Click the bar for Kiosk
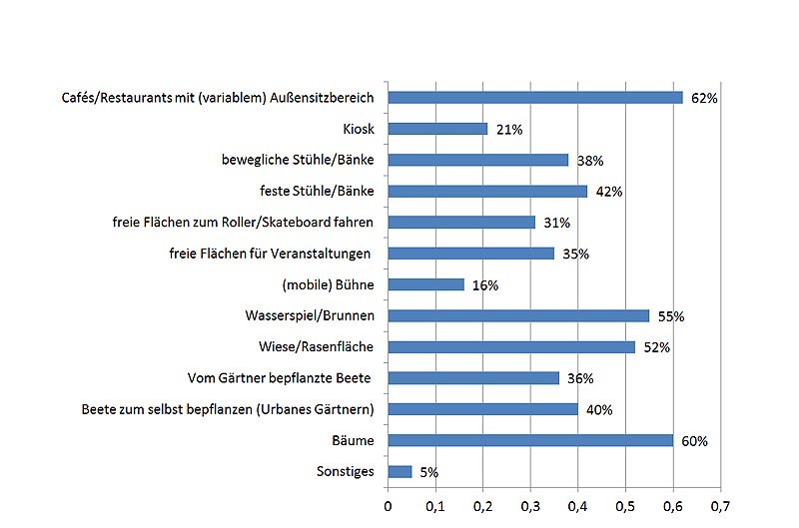click(437, 129)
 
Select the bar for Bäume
click(530, 440)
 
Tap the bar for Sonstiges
click(399, 471)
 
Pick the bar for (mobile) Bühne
click(425, 284)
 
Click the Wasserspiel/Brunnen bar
click(518, 315)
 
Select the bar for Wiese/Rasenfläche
click(511, 346)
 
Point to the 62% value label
click(704, 99)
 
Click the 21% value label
click(509, 130)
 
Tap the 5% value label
click(428, 472)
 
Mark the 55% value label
click(670, 317)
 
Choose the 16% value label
click(484, 286)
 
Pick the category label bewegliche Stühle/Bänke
click(298, 160)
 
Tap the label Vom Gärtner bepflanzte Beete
click(280, 377)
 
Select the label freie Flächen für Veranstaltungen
click(271, 254)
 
